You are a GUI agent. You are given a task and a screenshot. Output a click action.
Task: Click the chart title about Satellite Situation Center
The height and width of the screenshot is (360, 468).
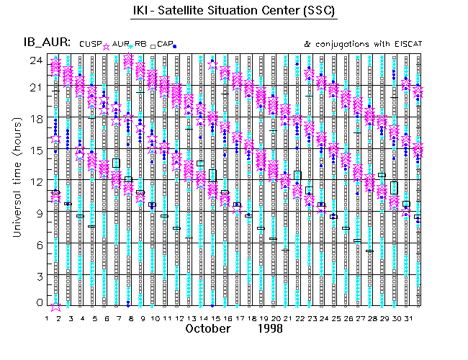[x=235, y=12]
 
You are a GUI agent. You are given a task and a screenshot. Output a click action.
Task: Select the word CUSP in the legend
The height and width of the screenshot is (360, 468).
[x=89, y=44]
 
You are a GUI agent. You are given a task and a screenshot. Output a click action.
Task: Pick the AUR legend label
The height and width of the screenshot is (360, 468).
[x=120, y=44]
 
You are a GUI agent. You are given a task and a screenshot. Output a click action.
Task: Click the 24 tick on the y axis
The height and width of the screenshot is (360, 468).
[x=35, y=60]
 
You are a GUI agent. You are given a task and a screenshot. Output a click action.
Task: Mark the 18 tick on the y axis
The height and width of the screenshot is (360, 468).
[x=35, y=120]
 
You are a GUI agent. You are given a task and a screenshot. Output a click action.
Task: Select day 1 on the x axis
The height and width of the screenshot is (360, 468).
[x=47, y=318]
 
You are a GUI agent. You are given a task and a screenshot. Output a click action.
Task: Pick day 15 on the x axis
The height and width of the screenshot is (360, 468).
[x=215, y=318]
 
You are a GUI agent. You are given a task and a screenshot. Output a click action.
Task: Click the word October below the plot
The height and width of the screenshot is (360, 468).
[x=208, y=329]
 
